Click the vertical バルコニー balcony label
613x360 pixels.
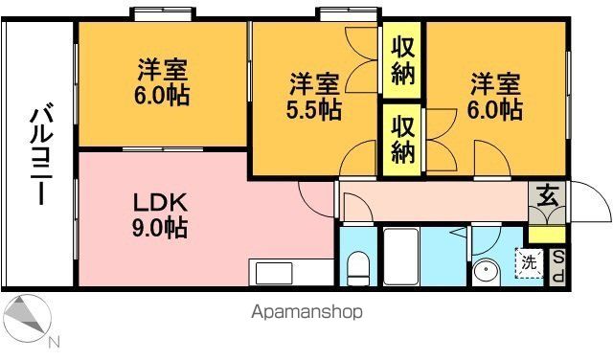pyautogui.click(x=39, y=156)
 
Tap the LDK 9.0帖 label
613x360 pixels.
pyautogui.click(x=160, y=215)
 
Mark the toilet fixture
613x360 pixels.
pyautogui.click(x=356, y=267)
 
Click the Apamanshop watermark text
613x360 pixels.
pyautogui.click(x=307, y=312)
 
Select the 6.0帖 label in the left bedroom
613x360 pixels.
pyautogui.click(x=162, y=82)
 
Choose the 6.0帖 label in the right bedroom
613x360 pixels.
pyautogui.click(x=494, y=97)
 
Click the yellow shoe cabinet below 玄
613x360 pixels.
pyautogui.click(x=547, y=232)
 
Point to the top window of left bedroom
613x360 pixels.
pyautogui.click(x=162, y=14)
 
